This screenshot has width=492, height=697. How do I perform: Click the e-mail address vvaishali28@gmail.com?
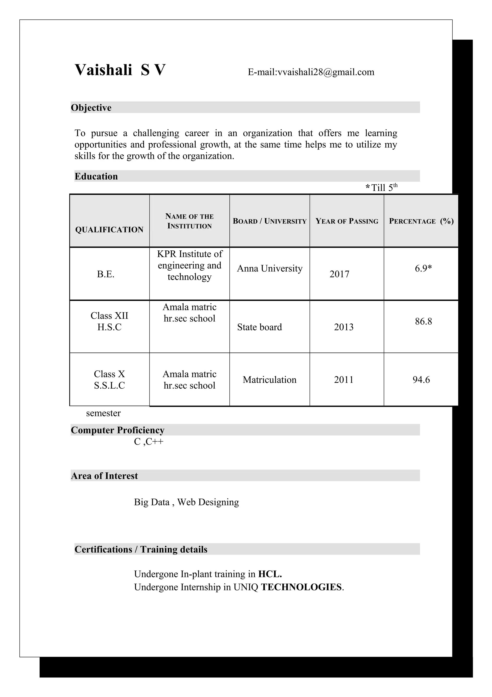pyautogui.click(x=326, y=72)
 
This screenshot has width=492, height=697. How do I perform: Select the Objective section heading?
pyautogui.click(x=91, y=108)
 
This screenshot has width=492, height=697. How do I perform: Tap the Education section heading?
pyautogui.click(x=96, y=176)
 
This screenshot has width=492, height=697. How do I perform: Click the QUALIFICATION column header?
pyautogui.click(x=109, y=229)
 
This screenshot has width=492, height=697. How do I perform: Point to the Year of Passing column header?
pyautogui.click(x=347, y=221)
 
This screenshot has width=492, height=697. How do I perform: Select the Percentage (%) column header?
pyautogui.click(x=421, y=221)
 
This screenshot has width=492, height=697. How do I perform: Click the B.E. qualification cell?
pyautogui.click(x=105, y=274)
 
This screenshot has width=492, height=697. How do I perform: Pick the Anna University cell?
pyautogui.click(x=270, y=268)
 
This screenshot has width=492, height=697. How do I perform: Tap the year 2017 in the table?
pyautogui.click(x=339, y=274)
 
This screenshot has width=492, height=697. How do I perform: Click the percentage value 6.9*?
pyautogui.click(x=423, y=268)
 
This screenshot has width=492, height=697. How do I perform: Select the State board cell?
pyautogui.click(x=259, y=327)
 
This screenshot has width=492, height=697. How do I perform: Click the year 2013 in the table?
pyautogui.click(x=344, y=327)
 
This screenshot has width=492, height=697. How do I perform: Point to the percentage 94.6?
pyautogui.click(x=421, y=380)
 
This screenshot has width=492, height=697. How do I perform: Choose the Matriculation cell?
pyautogui.click(x=270, y=380)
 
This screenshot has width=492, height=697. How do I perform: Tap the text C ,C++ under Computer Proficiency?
pyautogui.click(x=148, y=442)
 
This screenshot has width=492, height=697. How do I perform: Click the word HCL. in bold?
pyautogui.click(x=270, y=574)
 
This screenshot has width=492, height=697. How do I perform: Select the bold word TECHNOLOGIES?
pyautogui.click(x=301, y=587)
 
